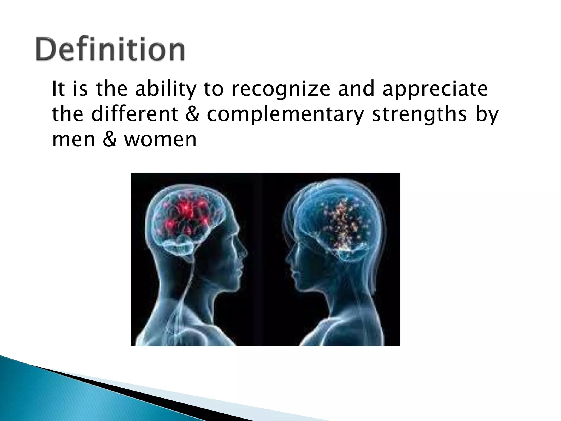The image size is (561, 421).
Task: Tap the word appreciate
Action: [x=435, y=90]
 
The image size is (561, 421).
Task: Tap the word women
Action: [x=161, y=140]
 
